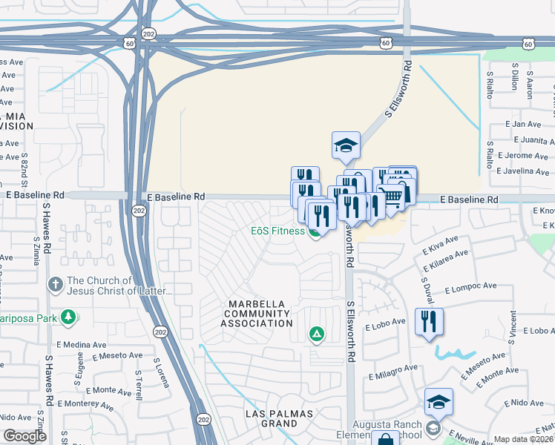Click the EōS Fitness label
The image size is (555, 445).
point(277,231)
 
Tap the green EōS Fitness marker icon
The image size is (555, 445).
point(315,232)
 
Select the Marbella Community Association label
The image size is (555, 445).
point(260,314)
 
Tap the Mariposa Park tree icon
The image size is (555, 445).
point(68,318)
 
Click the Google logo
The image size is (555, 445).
point(24,436)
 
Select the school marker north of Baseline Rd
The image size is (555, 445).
point(346,146)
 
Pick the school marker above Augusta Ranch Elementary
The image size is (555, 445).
point(439,402)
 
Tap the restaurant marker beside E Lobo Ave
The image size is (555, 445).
point(429,322)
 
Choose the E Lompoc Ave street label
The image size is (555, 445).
point(470,286)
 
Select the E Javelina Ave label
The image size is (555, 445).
point(522,171)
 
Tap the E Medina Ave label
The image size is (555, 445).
point(81,345)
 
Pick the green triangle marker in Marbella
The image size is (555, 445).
point(317,335)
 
